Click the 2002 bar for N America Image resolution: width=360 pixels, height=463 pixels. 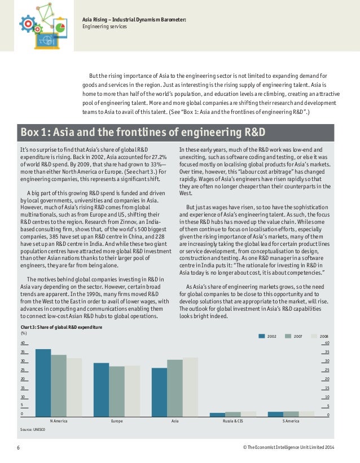click(43, 383)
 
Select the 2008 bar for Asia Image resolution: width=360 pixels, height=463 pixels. click(190, 387)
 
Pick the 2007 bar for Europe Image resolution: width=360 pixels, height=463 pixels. click(117, 391)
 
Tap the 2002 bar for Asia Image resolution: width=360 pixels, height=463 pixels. click(159, 393)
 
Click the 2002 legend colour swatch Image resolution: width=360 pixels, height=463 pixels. click(262, 336)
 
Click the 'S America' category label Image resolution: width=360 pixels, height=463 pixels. click(291, 421)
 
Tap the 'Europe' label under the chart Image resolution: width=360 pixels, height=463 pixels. click(117, 421)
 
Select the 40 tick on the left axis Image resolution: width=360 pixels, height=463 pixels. click(23, 343)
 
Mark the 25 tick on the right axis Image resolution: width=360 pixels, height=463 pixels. click(327, 371)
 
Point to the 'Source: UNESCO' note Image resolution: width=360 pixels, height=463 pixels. click(32, 430)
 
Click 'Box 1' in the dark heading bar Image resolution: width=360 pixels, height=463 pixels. click(36, 133)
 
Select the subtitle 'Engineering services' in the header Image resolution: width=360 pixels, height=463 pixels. click(104, 27)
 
